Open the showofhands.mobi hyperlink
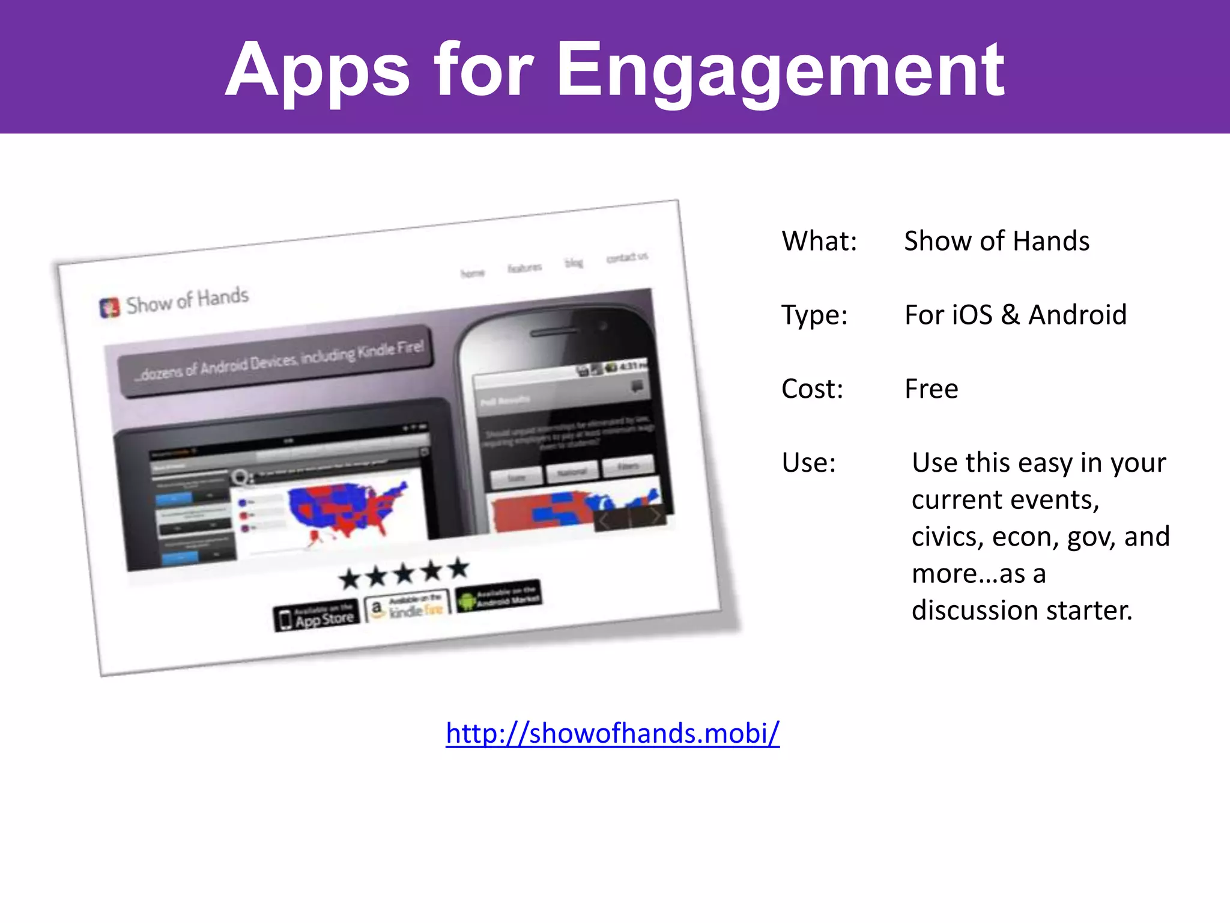click(x=613, y=733)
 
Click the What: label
click(x=819, y=241)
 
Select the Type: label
click(x=814, y=315)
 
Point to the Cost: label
click(x=812, y=389)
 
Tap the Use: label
click(x=808, y=463)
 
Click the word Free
click(x=931, y=389)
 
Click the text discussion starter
click(x=1021, y=611)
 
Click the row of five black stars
click(x=404, y=574)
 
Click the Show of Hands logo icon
click(x=109, y=308)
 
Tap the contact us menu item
click(x=626, y=257)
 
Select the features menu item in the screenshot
click(x=524, y=267)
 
